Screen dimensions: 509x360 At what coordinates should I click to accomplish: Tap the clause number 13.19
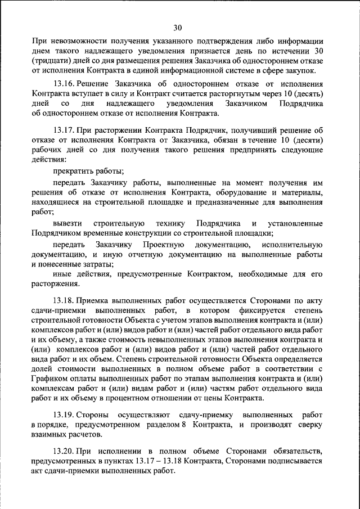click(x=64, y=414)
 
